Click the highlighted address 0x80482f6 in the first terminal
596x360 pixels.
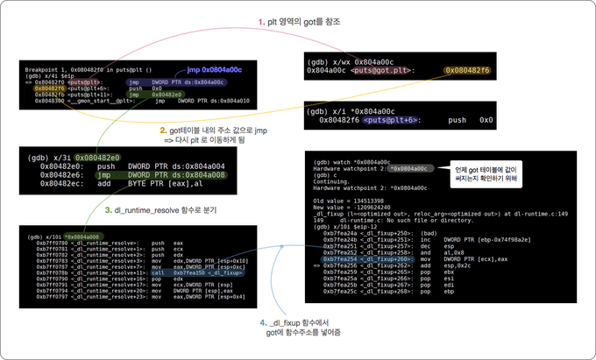point(46,88)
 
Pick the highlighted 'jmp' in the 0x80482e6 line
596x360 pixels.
point(89,174)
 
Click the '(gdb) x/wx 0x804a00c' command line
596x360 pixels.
point(349,61)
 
